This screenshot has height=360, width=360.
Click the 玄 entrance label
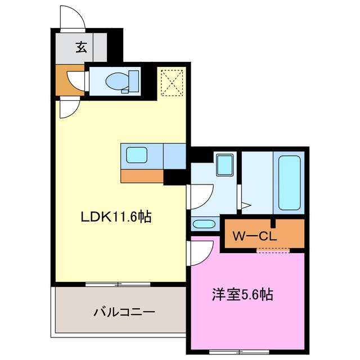coord(82,47)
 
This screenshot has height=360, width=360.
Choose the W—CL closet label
coord(255,236)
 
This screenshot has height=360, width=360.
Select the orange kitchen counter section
coord(142,175)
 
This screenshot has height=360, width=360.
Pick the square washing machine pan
coord(225,165)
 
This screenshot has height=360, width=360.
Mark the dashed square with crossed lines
coord(170,82)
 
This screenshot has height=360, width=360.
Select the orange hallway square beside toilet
coord(66,80)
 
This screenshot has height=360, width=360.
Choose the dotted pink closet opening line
coord(273,250)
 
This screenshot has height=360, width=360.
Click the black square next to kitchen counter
coord(174,177)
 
